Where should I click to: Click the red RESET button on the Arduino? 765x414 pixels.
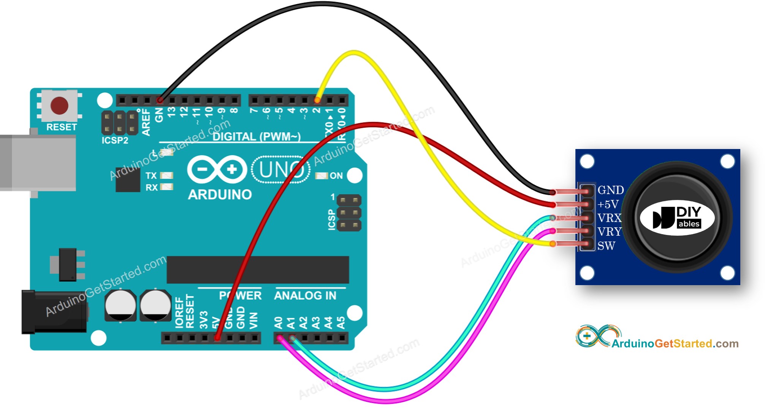click(59, 105)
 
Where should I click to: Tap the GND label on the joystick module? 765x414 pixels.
click(610, 190)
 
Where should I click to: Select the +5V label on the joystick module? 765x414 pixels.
click(608, 205)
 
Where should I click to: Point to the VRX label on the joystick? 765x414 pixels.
click(609, 218)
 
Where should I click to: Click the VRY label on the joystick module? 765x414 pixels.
click(609, 232)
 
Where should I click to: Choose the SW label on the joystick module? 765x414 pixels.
click(606, 246)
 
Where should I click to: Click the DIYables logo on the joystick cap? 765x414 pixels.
click(677, 218)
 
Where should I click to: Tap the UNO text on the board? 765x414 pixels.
click(281, 170)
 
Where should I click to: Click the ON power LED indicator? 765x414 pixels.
click(322, 176)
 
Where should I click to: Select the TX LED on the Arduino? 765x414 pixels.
click(166, 175)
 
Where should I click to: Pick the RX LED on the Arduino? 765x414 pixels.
click(166, 187)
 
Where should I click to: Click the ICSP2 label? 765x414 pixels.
click(115, 140)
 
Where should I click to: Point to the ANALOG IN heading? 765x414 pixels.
click(305, 296)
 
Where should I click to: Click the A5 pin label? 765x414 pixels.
click(341, 323)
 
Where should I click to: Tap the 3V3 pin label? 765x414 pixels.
click(204, 320)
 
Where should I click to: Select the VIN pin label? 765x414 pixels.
click(253, 320)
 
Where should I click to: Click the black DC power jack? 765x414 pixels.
click(53, 312)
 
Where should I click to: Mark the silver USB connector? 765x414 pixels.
click(38, 163)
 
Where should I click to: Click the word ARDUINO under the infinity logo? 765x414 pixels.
click(220, 195)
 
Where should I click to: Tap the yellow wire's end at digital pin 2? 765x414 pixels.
click(317, 100)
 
